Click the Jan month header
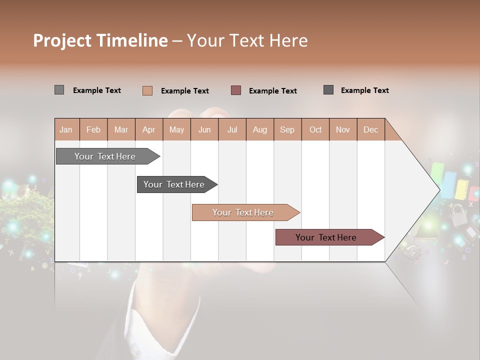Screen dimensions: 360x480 [x=66, y=129]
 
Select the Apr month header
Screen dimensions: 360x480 [x=148, y=129]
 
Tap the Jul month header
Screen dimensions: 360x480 [x=232, y=129]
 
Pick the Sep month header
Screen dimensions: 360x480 [x=287, y=129]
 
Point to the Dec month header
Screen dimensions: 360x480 [x=370, y=129]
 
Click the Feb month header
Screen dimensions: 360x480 [x=93, y=129]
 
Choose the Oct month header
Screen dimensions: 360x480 [x=315, y=129]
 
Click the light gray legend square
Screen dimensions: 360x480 [x=59, y=90]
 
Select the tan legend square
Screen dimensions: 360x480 [x=147, y=90]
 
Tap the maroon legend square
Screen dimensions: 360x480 [x=236, y=90]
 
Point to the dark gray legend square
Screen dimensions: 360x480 [x=328, y=90]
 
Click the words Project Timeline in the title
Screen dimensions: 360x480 [x=100, y=40]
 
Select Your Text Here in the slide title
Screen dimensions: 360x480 [x=247, y=40]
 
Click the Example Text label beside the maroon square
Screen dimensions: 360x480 [x=272, y=91]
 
